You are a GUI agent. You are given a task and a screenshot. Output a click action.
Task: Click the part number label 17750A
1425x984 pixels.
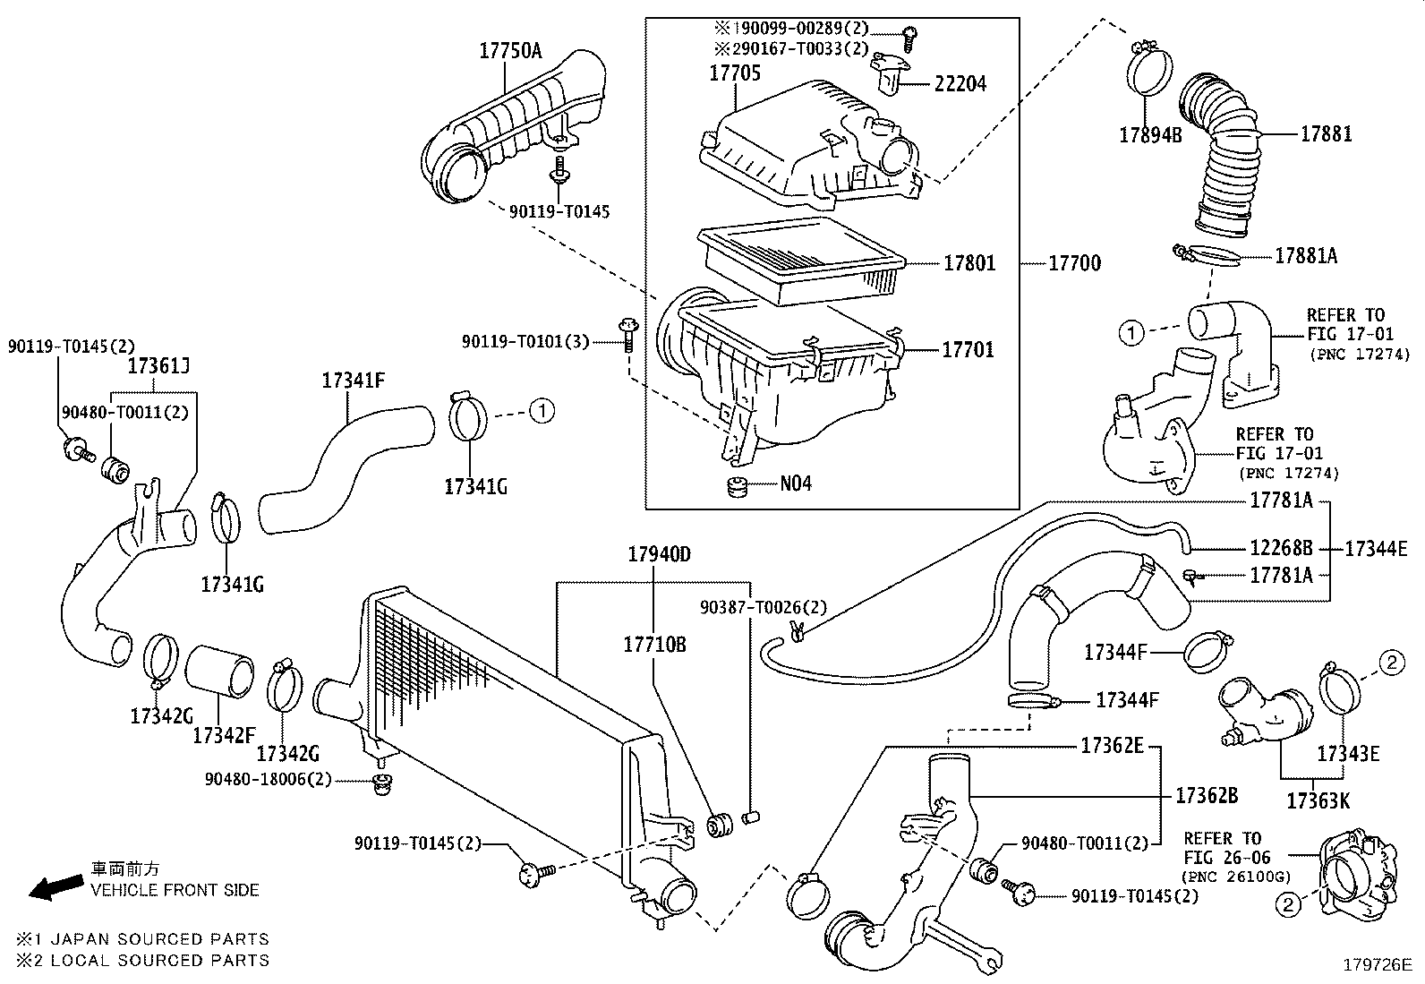[509, 50]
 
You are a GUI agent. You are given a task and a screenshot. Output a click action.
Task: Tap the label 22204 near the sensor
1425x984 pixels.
[960, 84]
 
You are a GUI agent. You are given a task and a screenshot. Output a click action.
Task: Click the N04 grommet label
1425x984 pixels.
[795, 484]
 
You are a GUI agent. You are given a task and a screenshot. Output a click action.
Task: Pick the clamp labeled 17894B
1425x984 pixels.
[1149, 134]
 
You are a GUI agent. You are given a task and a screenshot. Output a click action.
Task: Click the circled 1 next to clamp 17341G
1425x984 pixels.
[542, 411]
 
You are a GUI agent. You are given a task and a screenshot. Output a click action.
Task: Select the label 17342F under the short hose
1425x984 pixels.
[223, 735]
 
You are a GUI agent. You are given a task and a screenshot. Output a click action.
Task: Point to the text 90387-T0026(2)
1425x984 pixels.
[764, 607]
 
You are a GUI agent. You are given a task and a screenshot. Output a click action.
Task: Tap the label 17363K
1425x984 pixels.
[1318, 800]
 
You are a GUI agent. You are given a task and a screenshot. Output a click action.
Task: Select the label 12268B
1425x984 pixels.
[1281, 548]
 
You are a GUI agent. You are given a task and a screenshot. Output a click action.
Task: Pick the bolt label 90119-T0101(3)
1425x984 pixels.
[525, 341]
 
